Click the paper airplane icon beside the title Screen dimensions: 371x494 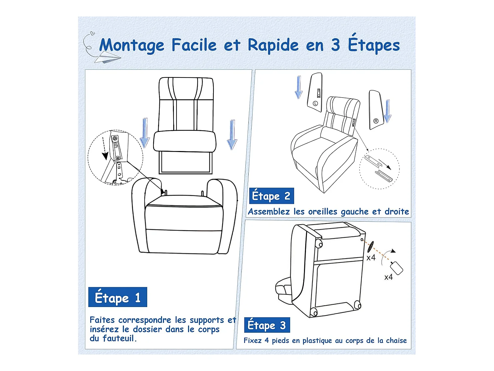coord(107,58)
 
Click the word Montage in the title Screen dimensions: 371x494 coord(132,46)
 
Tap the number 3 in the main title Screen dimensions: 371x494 coord(335,45)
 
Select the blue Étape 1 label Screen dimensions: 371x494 coord(118,297)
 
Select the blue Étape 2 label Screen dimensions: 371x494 coord(271,196)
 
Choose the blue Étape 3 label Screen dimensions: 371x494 coord(267,325)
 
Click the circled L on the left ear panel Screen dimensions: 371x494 coord(315,103)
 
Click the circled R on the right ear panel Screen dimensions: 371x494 coord(376,121)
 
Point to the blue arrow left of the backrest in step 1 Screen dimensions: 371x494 coord(145,133)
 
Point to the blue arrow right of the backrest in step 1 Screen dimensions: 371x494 coord(232,135)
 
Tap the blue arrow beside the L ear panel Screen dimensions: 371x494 coord(298,87)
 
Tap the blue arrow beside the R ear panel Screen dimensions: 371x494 coord(388,111)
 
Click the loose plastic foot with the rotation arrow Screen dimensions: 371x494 coord(397,268)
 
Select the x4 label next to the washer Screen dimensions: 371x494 coord(371,258)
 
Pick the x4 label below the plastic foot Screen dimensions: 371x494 coord(389,277)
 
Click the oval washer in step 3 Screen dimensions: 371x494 coord(370,246)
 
